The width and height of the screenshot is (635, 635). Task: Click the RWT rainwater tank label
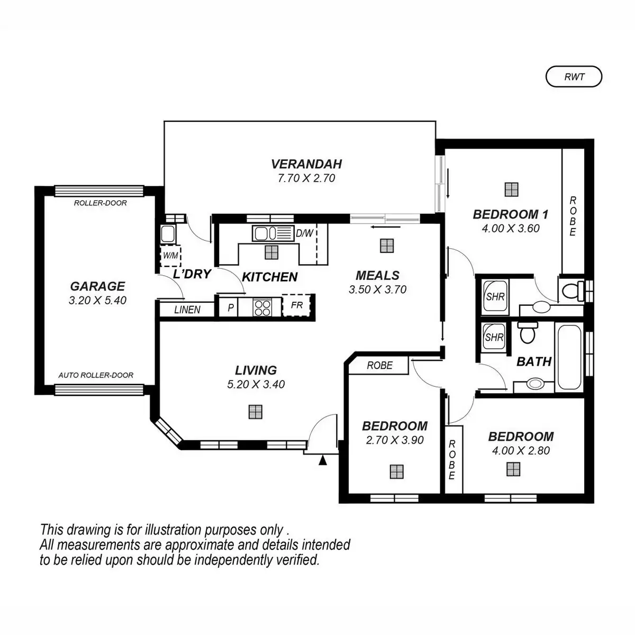[574, 77]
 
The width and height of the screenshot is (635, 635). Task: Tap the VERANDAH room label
[306, 164]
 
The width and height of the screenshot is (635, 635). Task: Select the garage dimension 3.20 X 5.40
[97, 301]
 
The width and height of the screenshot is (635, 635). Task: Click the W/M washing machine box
[170, 256]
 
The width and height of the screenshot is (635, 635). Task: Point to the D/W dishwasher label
[304, 233]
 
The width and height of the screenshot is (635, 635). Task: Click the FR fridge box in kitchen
[296, 306]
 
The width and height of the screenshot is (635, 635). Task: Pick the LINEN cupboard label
[187, 310]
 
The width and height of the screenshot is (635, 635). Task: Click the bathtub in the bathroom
[569, 357]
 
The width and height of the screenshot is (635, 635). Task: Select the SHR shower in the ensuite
[495, 297]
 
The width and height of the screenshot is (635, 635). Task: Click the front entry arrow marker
[322, 460]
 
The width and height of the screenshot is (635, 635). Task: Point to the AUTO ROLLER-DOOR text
[96, 375]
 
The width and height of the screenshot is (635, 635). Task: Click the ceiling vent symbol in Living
[256, 412]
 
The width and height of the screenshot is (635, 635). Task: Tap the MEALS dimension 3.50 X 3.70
[377, 289]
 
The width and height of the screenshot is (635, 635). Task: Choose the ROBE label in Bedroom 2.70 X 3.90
[379, 365]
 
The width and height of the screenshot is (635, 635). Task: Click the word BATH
[533, 362]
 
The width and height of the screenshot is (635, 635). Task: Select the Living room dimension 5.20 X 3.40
[256, 385]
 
